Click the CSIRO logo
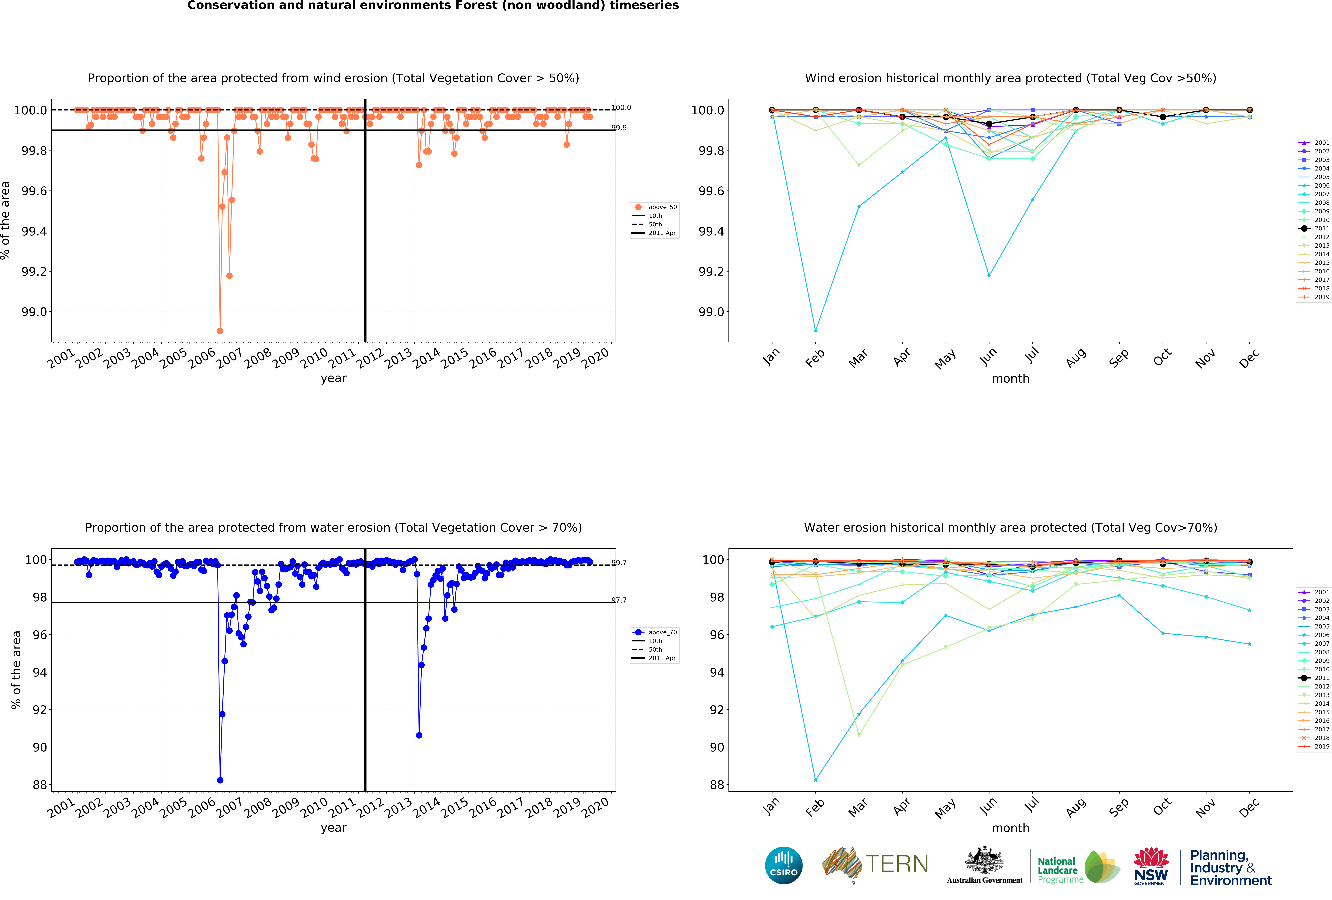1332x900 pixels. [x=783, y=865]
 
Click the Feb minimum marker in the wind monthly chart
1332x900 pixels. [x=816, y=331]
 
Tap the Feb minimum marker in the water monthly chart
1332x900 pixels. [x=816, y=780]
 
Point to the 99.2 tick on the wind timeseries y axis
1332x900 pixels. [x=34, y=272]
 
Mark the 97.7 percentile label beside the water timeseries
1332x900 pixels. [x=619, y=600]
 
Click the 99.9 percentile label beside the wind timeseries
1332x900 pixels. [x=619, y=128]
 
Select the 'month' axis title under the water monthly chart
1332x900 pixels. [x=1010, y=828]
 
